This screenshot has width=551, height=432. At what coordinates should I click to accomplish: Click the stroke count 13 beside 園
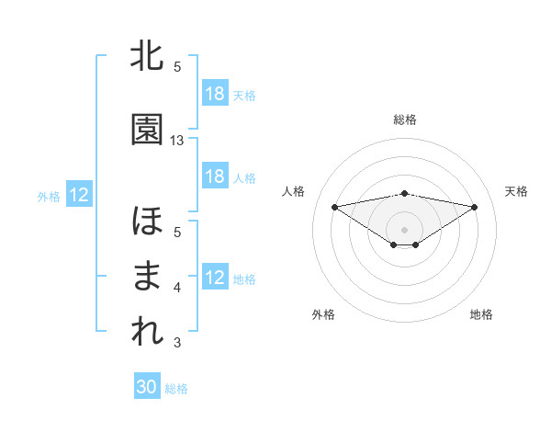coord(177,141)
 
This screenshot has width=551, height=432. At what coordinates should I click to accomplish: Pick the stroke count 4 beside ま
coord(177,288)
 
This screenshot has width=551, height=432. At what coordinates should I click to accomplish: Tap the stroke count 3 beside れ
coord(177,343)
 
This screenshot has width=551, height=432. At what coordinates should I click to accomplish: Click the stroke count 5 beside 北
coord(177,67)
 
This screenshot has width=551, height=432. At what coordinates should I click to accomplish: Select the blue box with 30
coord(147,387)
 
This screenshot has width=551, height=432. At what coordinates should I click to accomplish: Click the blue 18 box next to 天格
coord(215,94)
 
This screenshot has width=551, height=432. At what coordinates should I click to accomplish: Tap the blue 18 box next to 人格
coord(215,176)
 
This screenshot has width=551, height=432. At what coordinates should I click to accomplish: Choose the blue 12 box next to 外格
coord(79,195)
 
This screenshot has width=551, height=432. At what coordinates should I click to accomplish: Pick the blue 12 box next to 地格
coord(215,278)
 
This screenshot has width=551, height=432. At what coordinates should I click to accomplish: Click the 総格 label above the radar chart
coord(405,119)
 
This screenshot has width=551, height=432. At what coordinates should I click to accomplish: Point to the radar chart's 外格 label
coord(323,314)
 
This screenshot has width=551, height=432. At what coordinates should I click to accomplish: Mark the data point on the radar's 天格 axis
coord(475,207)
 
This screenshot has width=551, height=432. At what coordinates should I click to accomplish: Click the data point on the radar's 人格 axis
coord(334,206)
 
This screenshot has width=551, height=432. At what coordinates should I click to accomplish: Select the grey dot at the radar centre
coord(404,229)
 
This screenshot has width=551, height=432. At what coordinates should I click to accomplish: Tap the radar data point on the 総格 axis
coord(404,193)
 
